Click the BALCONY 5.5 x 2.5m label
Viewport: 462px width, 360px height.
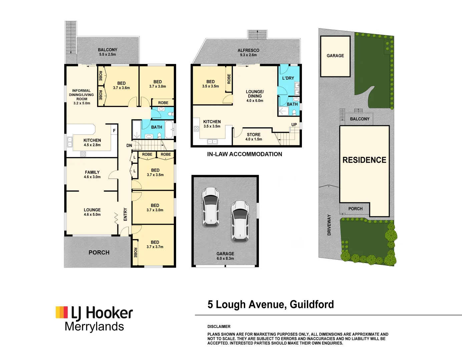107,52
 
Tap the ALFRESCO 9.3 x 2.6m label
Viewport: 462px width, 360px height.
248,53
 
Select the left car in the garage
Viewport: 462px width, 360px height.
210,207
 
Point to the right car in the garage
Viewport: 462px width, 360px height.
240,221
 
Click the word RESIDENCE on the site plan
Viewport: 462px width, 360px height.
364,160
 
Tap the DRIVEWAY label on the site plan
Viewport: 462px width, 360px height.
329,225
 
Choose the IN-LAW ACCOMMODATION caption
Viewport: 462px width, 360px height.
245,154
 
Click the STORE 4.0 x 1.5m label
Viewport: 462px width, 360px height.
254,137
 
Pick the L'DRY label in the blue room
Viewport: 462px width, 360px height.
288,78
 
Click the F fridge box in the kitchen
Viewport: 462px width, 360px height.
114,131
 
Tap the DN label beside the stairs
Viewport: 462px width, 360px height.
129,146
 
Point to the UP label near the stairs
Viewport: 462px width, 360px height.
294,125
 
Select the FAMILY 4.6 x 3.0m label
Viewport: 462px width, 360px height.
92,175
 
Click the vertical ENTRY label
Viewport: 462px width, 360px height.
125,214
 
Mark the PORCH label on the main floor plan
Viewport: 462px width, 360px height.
99,253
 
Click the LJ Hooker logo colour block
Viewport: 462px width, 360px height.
62,312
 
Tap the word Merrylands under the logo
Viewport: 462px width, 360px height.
94,327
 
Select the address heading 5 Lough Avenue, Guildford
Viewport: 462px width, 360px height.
271,304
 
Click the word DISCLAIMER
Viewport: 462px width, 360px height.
219,327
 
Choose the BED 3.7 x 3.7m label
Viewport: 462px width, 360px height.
155,244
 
